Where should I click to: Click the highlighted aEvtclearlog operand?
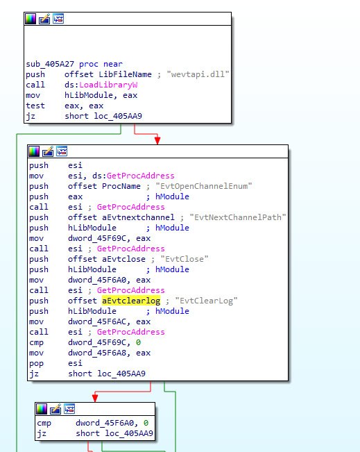point(131,301)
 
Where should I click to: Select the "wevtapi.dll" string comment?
point(198,74)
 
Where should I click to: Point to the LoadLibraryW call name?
point(108,85)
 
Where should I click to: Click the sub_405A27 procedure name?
point(50,64)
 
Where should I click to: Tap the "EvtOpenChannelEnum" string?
point(204,186)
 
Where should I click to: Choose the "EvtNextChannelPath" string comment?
point(238,217)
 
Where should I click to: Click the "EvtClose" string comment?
point(185,259)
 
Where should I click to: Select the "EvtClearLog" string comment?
point(206,301)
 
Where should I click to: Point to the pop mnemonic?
point(36,364)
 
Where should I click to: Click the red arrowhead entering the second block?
point(157,140)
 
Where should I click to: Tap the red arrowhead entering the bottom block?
point(95,398)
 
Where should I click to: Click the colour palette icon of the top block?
point(31,19)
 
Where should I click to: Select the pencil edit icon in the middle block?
point(48,151)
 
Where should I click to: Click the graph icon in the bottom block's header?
point(69,409)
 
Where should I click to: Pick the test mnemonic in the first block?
point(35,106)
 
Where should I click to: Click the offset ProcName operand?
point(104,186)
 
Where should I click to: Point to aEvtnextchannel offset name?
point(138,217)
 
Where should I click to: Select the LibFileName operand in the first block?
point(125,74)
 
